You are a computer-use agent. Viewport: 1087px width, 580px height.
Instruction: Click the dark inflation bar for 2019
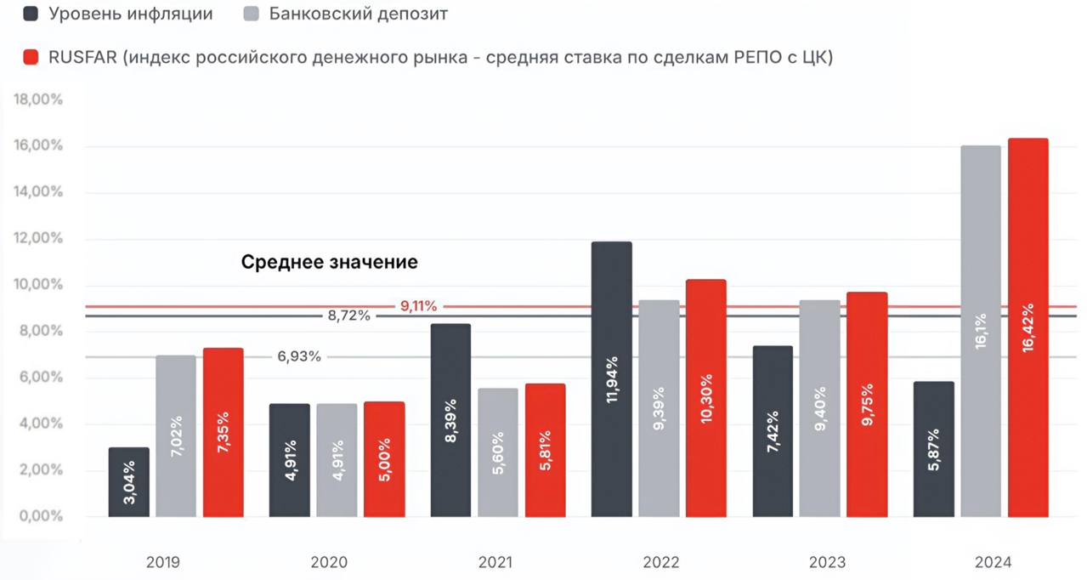click(129, 482)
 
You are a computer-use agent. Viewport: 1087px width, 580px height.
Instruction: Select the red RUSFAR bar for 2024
click(1028, 327)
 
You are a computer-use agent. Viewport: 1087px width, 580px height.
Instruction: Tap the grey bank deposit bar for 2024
click(981, 332)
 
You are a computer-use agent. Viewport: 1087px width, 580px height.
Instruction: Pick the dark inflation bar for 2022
click(612, 379)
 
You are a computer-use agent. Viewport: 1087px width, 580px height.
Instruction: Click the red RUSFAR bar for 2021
click(545, 450)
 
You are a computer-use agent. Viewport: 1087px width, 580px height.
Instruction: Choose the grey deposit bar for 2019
click(176, 435)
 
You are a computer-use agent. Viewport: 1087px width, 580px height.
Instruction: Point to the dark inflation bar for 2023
click(773, 431)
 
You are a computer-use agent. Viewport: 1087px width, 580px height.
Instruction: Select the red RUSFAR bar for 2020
click(384, 459)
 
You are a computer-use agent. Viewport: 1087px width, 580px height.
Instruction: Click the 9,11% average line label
click(418, 306)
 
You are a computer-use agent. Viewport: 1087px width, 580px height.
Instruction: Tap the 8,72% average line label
click(348, 316)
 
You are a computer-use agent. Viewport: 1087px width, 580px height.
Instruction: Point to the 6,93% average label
click(299, 356)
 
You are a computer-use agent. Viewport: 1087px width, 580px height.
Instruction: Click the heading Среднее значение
click(330, 262)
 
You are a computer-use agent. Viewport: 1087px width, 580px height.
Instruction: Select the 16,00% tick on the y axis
click(39, 145)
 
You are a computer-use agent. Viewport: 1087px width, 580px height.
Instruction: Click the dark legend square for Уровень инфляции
click(31, 14)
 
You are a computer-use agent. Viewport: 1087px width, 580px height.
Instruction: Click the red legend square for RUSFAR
click(31, 58)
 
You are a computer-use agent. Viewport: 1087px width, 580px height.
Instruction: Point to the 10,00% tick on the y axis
click(39, 284)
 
